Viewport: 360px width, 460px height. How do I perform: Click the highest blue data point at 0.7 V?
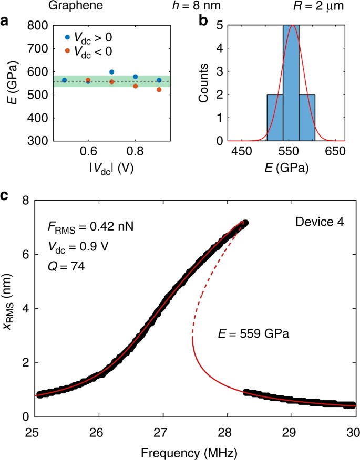(x=111, y=72)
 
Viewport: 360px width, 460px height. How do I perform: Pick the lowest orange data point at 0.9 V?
(x=159, y=90)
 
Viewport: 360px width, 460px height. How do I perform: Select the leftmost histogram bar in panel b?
(x=275, y=118)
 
